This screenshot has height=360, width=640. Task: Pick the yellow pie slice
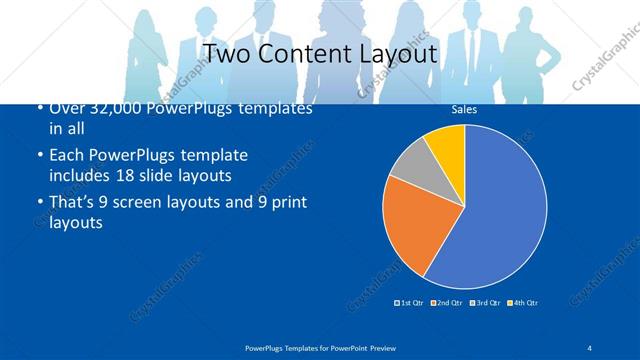447,146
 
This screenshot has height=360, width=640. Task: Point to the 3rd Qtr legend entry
485,302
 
